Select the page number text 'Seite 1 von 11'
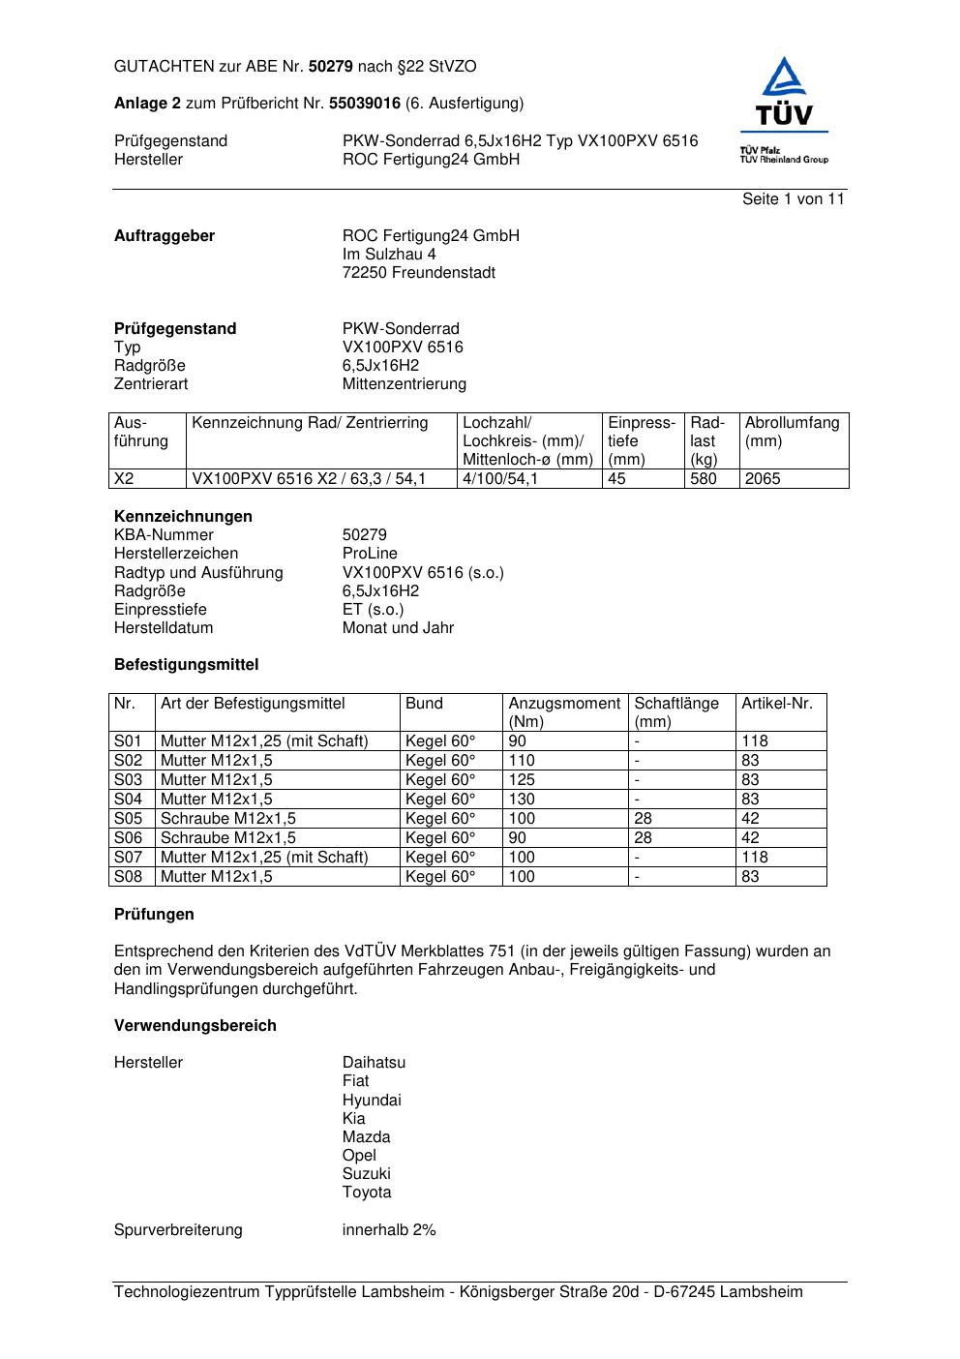(x=793, y=199)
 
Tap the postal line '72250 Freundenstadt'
(x=418, y=273)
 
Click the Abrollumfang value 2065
(x=763, y=479)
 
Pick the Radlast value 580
(x=704, y=479)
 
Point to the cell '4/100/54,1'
(x=500, y=479)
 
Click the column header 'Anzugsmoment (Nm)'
(x=564, y=712)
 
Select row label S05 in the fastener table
(x=128, y=819)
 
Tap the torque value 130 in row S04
(x=522, y=800)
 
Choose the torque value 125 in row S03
(x=522, y=780)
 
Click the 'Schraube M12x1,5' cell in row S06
(x=228, y=838)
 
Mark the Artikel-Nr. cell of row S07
(x=755, y=858)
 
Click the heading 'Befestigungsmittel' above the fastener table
(x=186, y=665)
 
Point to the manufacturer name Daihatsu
(x=374, y=1063)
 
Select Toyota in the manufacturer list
(x=367, y=1193)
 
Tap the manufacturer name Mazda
(x=366, y=1137)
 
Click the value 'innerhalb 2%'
(x=389, y=1230)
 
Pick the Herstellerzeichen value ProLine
(x=370, y=554)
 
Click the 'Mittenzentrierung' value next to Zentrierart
(x=404, y=384)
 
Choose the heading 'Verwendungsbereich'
(x=195, y=1026)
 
